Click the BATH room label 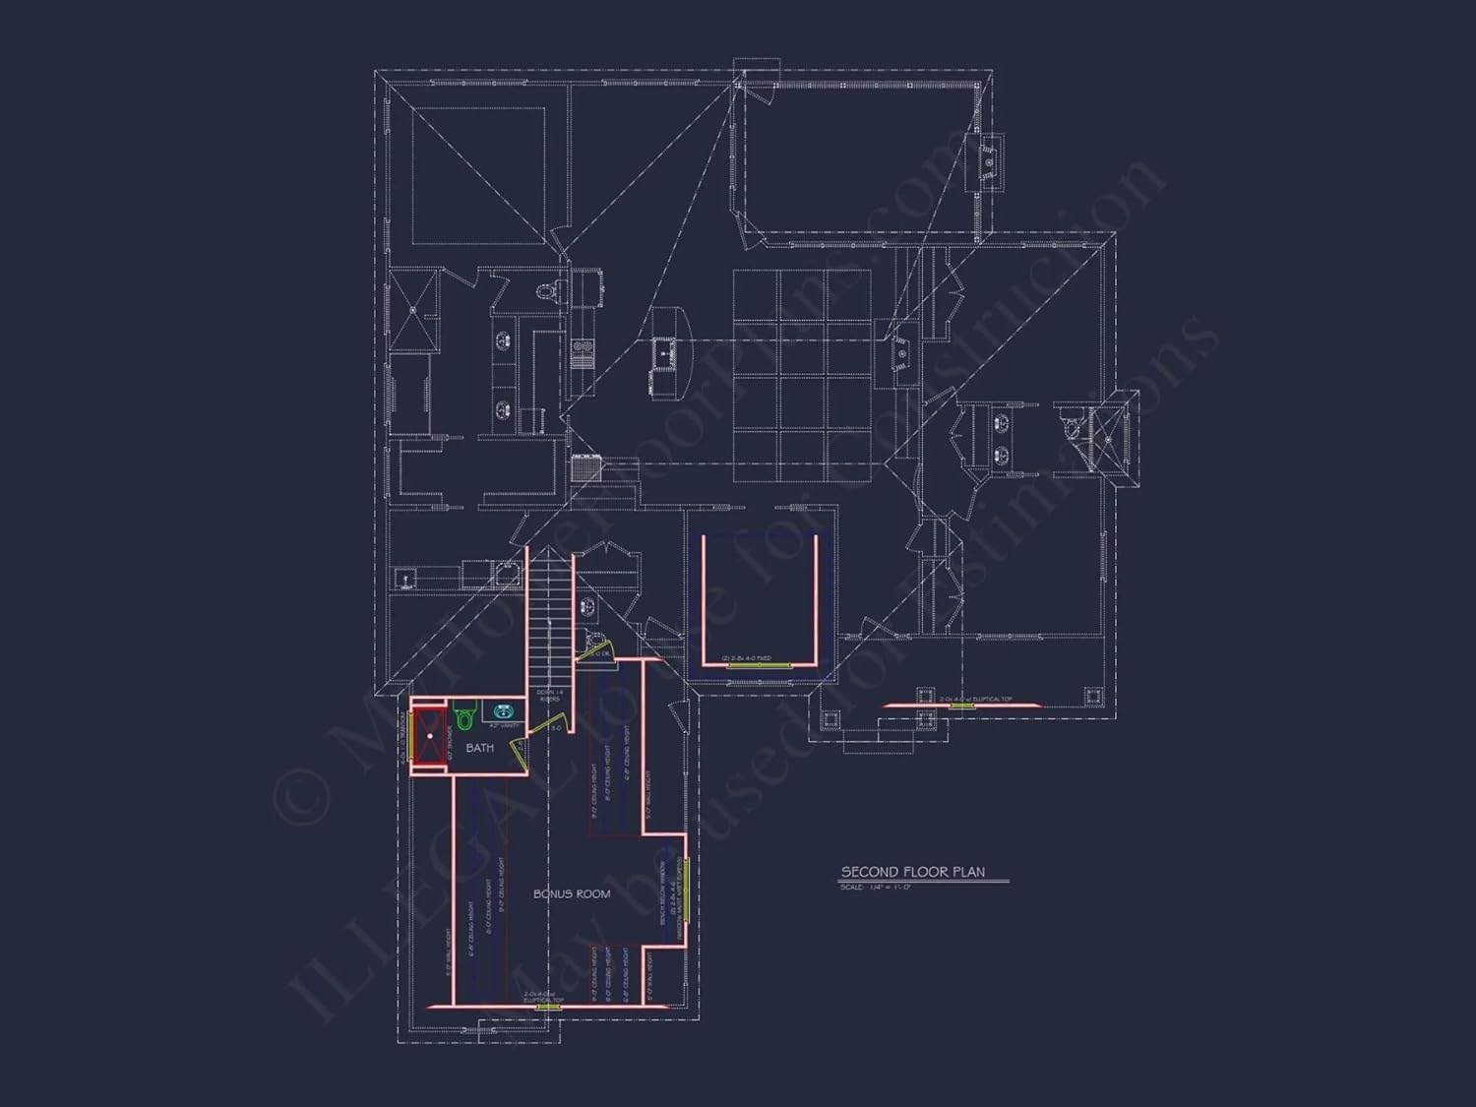coord(480,748)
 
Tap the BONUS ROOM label coord(572,893)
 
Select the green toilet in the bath coord(464,717)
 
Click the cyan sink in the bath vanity coord(504,710)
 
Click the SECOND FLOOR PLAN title coord(912,872)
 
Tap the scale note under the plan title coord(876,888)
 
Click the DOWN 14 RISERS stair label coord(549,696)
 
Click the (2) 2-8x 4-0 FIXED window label coord(746,658)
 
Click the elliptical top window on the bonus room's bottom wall coord(544,1005)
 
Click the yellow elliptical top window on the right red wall coord(961,705)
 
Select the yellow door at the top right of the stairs coord(596,652)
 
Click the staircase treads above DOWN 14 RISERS coord(550,620)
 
